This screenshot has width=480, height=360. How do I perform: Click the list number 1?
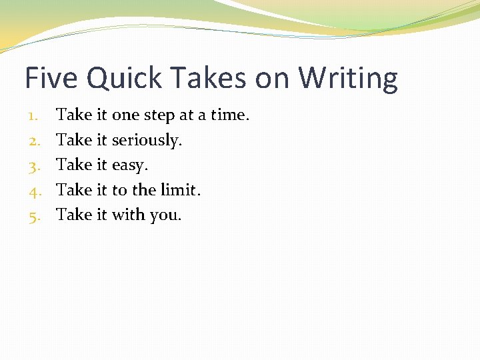coord(34,115)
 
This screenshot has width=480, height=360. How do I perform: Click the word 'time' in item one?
coord(229,115)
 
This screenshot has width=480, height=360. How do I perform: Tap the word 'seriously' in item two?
coord(146,141)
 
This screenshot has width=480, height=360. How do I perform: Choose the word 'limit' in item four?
coord(180,190)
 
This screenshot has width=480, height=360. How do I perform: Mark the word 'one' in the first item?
coord(125,116)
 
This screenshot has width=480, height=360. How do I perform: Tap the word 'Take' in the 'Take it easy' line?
coord(74,165)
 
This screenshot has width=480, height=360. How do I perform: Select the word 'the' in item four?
coord(143,190)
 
